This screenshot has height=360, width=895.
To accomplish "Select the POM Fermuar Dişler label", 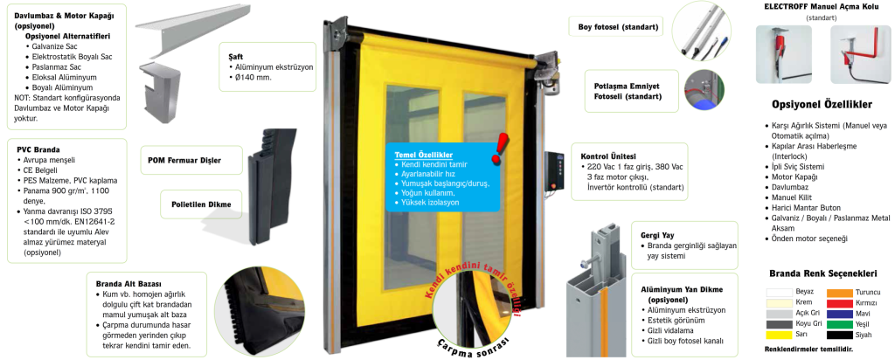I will [184, 161].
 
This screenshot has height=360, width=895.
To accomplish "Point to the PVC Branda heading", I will [38, 149].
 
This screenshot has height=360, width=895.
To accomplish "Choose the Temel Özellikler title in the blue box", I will [423, 155].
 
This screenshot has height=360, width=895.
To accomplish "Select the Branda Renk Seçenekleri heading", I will [822, 272].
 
